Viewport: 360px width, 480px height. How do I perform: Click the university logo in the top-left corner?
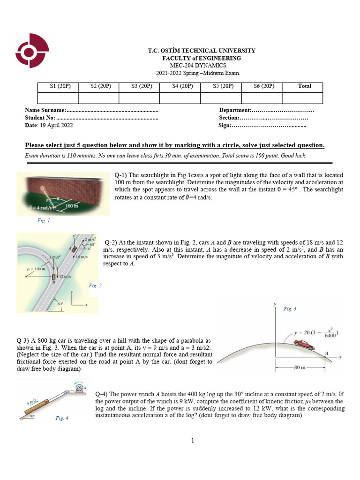click(31, 51)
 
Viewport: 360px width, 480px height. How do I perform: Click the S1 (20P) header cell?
click(57, 86)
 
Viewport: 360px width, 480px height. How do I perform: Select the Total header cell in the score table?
click(304, 86)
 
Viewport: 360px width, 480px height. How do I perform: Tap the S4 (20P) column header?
click(180, 86)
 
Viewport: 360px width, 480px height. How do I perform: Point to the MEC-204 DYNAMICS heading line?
click(202, 66)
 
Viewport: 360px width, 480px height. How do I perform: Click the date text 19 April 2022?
click(57, 126)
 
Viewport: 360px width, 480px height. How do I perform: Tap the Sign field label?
click(225, 126)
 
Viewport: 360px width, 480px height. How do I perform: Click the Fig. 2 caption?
click(95, 285)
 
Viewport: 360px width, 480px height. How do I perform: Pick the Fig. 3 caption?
click(290, 309)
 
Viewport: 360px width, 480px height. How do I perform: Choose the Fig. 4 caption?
click(62, 418)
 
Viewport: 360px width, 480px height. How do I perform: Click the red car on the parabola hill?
click(303, 345)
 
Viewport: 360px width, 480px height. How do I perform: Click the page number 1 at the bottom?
click(192, 441)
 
